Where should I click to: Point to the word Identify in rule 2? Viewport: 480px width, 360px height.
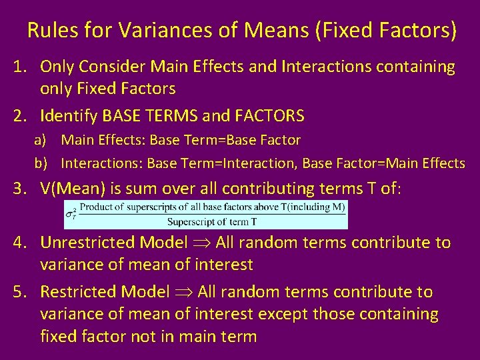[69, 116]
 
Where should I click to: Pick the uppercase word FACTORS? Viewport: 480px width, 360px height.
[269, 116]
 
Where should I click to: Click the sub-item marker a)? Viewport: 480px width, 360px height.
[41, 141]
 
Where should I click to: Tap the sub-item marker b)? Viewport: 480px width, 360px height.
[41, 163]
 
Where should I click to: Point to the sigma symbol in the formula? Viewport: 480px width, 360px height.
[71, 214]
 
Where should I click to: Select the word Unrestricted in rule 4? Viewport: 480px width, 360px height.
[86, 243]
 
